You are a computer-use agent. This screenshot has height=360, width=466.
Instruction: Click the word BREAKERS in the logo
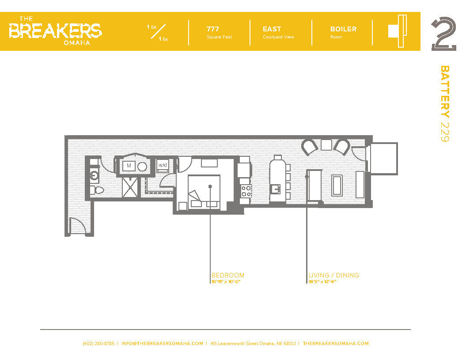(55, 30)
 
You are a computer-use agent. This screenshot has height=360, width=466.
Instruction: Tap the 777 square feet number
(213, 29)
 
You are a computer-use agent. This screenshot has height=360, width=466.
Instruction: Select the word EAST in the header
(272, 29)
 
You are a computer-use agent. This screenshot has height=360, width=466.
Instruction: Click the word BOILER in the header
(343, 29)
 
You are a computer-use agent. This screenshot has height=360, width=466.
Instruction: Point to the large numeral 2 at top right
(443, 34)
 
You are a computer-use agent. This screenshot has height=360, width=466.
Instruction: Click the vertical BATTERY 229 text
(445, 104)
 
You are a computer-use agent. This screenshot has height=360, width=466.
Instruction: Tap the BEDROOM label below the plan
(227, 275)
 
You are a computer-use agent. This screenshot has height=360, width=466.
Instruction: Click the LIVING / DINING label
(333, 275)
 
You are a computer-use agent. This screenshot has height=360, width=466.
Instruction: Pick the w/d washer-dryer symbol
(163, 165)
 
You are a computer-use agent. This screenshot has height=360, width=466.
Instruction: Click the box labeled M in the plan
(129, 166)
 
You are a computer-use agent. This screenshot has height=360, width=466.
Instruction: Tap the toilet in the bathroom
(97, 190)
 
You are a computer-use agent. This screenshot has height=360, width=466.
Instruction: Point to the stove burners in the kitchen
(246, 191)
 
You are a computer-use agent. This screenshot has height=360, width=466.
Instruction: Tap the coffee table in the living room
(337, 186)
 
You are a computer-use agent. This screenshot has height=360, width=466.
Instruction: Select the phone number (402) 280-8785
(99, 343)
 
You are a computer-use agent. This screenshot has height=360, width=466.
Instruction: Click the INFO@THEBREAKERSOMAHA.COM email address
(162, 343)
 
